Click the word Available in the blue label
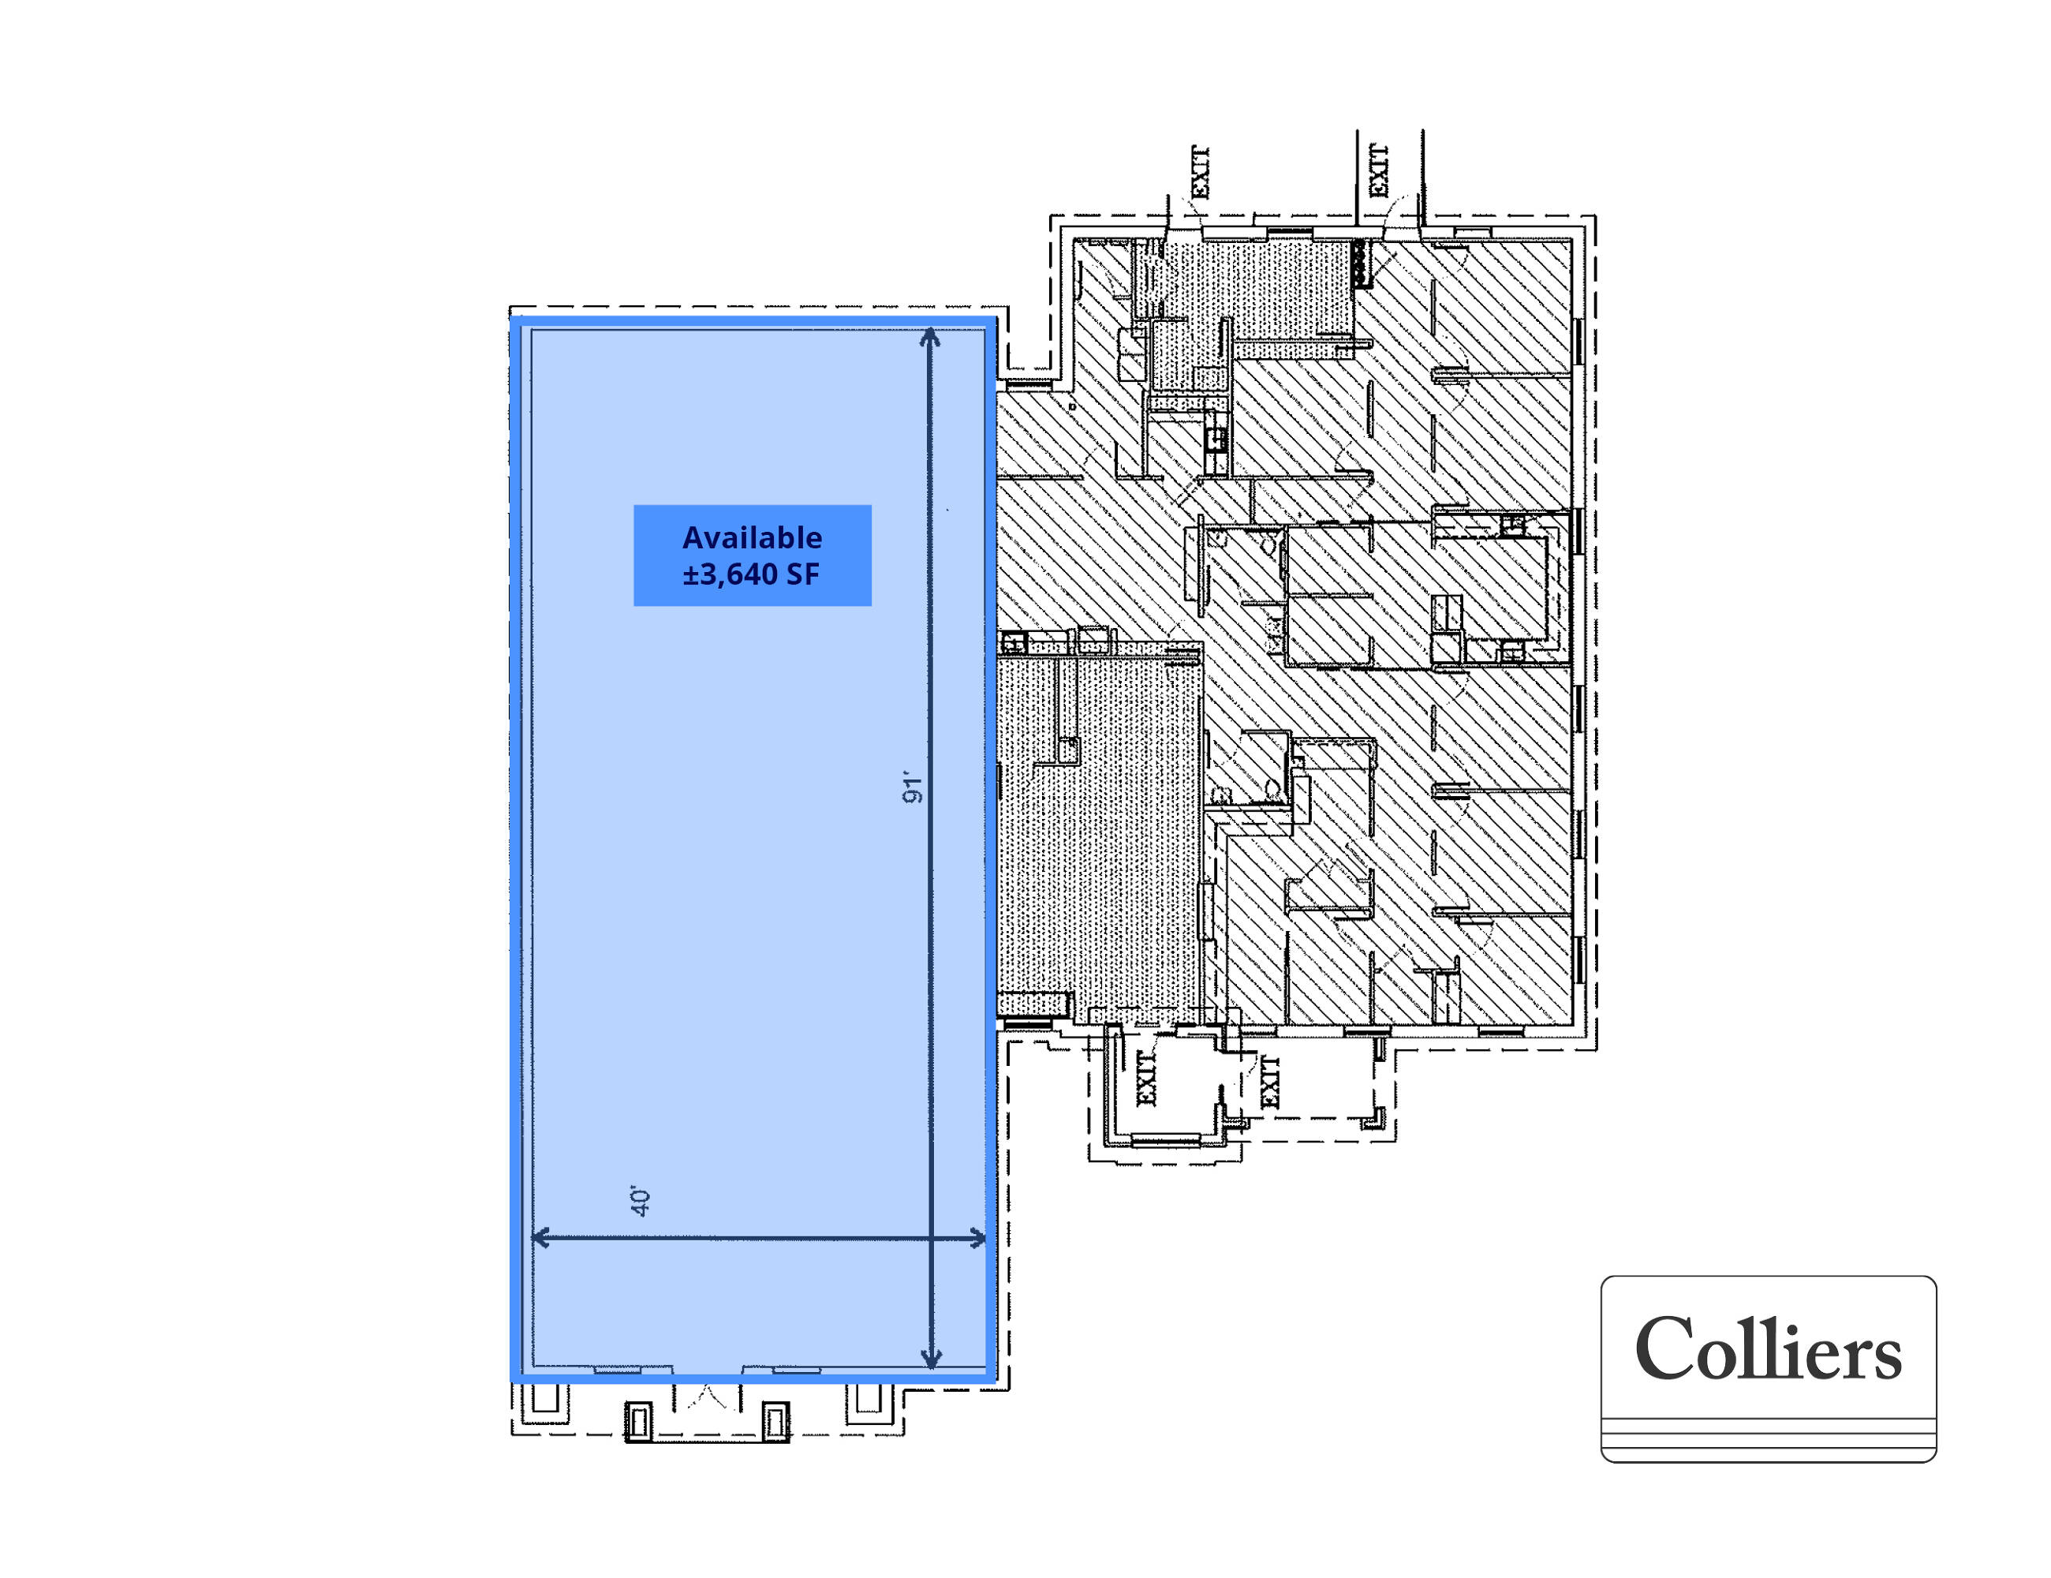753,537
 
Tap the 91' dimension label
912,789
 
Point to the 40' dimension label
641,1202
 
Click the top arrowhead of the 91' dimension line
930,336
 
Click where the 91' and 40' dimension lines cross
931,1238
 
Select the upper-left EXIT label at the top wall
1199,173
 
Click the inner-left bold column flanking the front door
639,1421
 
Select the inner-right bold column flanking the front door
775,1421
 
